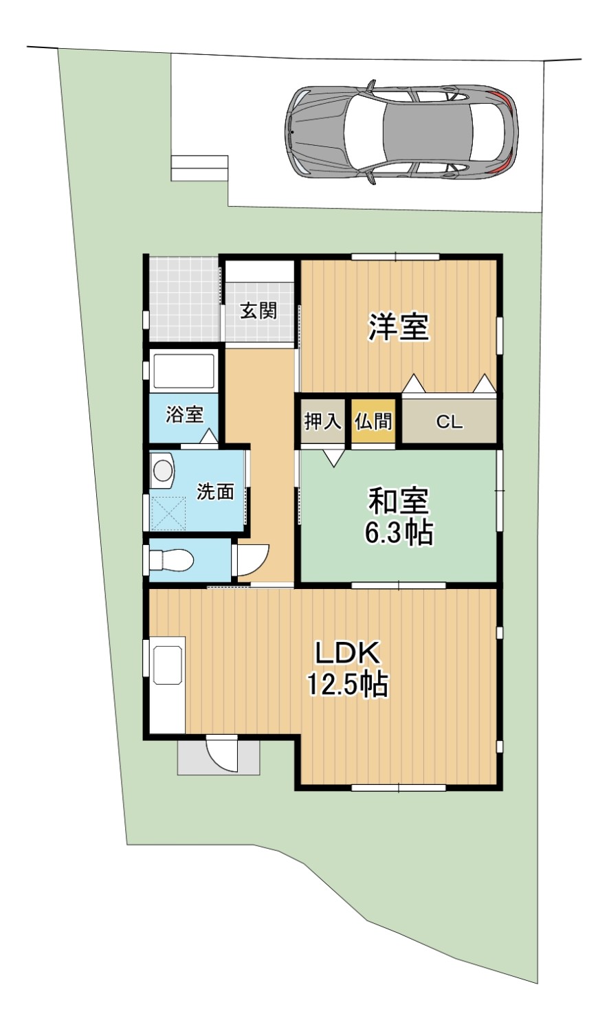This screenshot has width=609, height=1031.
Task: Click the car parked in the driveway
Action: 401,133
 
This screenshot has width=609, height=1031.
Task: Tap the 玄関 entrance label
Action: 259,311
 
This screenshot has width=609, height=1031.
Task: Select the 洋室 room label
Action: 399,327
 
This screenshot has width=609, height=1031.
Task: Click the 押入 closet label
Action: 323,421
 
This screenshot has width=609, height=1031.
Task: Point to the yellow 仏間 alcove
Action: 374,421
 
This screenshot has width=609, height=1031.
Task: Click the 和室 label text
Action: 399,502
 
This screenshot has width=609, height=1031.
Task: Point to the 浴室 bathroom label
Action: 185,414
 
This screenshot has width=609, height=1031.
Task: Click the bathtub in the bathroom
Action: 184,372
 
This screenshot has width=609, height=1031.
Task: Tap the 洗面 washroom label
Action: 215,491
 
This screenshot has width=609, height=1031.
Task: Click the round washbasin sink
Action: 164,471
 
